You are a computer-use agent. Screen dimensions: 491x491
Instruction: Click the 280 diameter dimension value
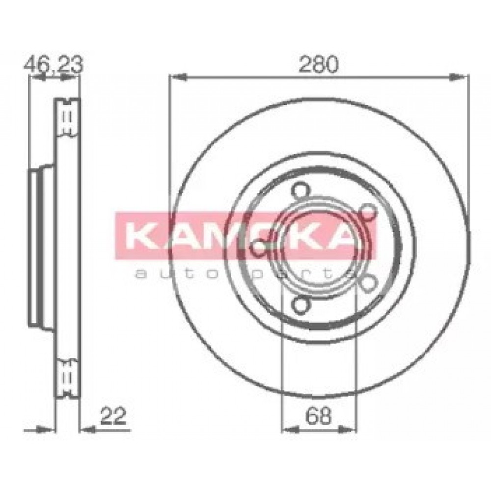coord(319,64)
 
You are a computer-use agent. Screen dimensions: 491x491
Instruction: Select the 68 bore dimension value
coord(318,416)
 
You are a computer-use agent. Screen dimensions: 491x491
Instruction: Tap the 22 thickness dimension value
coord(113,416)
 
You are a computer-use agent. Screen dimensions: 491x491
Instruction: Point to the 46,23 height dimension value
coord(53,64)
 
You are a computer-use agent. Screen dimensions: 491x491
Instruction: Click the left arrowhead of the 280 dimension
coord(178,77)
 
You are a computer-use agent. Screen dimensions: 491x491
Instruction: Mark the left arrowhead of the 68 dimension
coord(290,430)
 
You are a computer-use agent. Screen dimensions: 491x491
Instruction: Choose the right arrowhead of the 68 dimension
coord(348,430)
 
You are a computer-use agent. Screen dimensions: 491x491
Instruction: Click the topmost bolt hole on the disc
coord(300,190)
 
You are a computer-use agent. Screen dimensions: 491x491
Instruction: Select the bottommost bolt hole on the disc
coord(300,305)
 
